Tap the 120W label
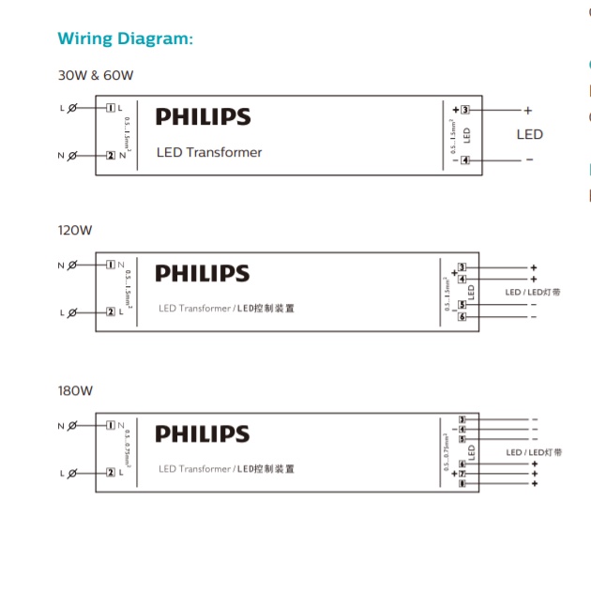point(74,229)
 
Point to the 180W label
point(74,388)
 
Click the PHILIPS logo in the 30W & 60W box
point(203,117)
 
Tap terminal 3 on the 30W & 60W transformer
point(465,110)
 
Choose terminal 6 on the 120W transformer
point(462,317)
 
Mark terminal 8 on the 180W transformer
point(462,484)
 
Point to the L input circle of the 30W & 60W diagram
point(72,108)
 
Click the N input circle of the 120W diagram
point(72,265)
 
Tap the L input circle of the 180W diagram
point(72,472)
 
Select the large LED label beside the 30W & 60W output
point(529,134)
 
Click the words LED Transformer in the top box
point(209,152)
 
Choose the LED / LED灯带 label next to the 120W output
point(533,293)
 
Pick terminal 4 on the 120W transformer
point(462,279)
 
